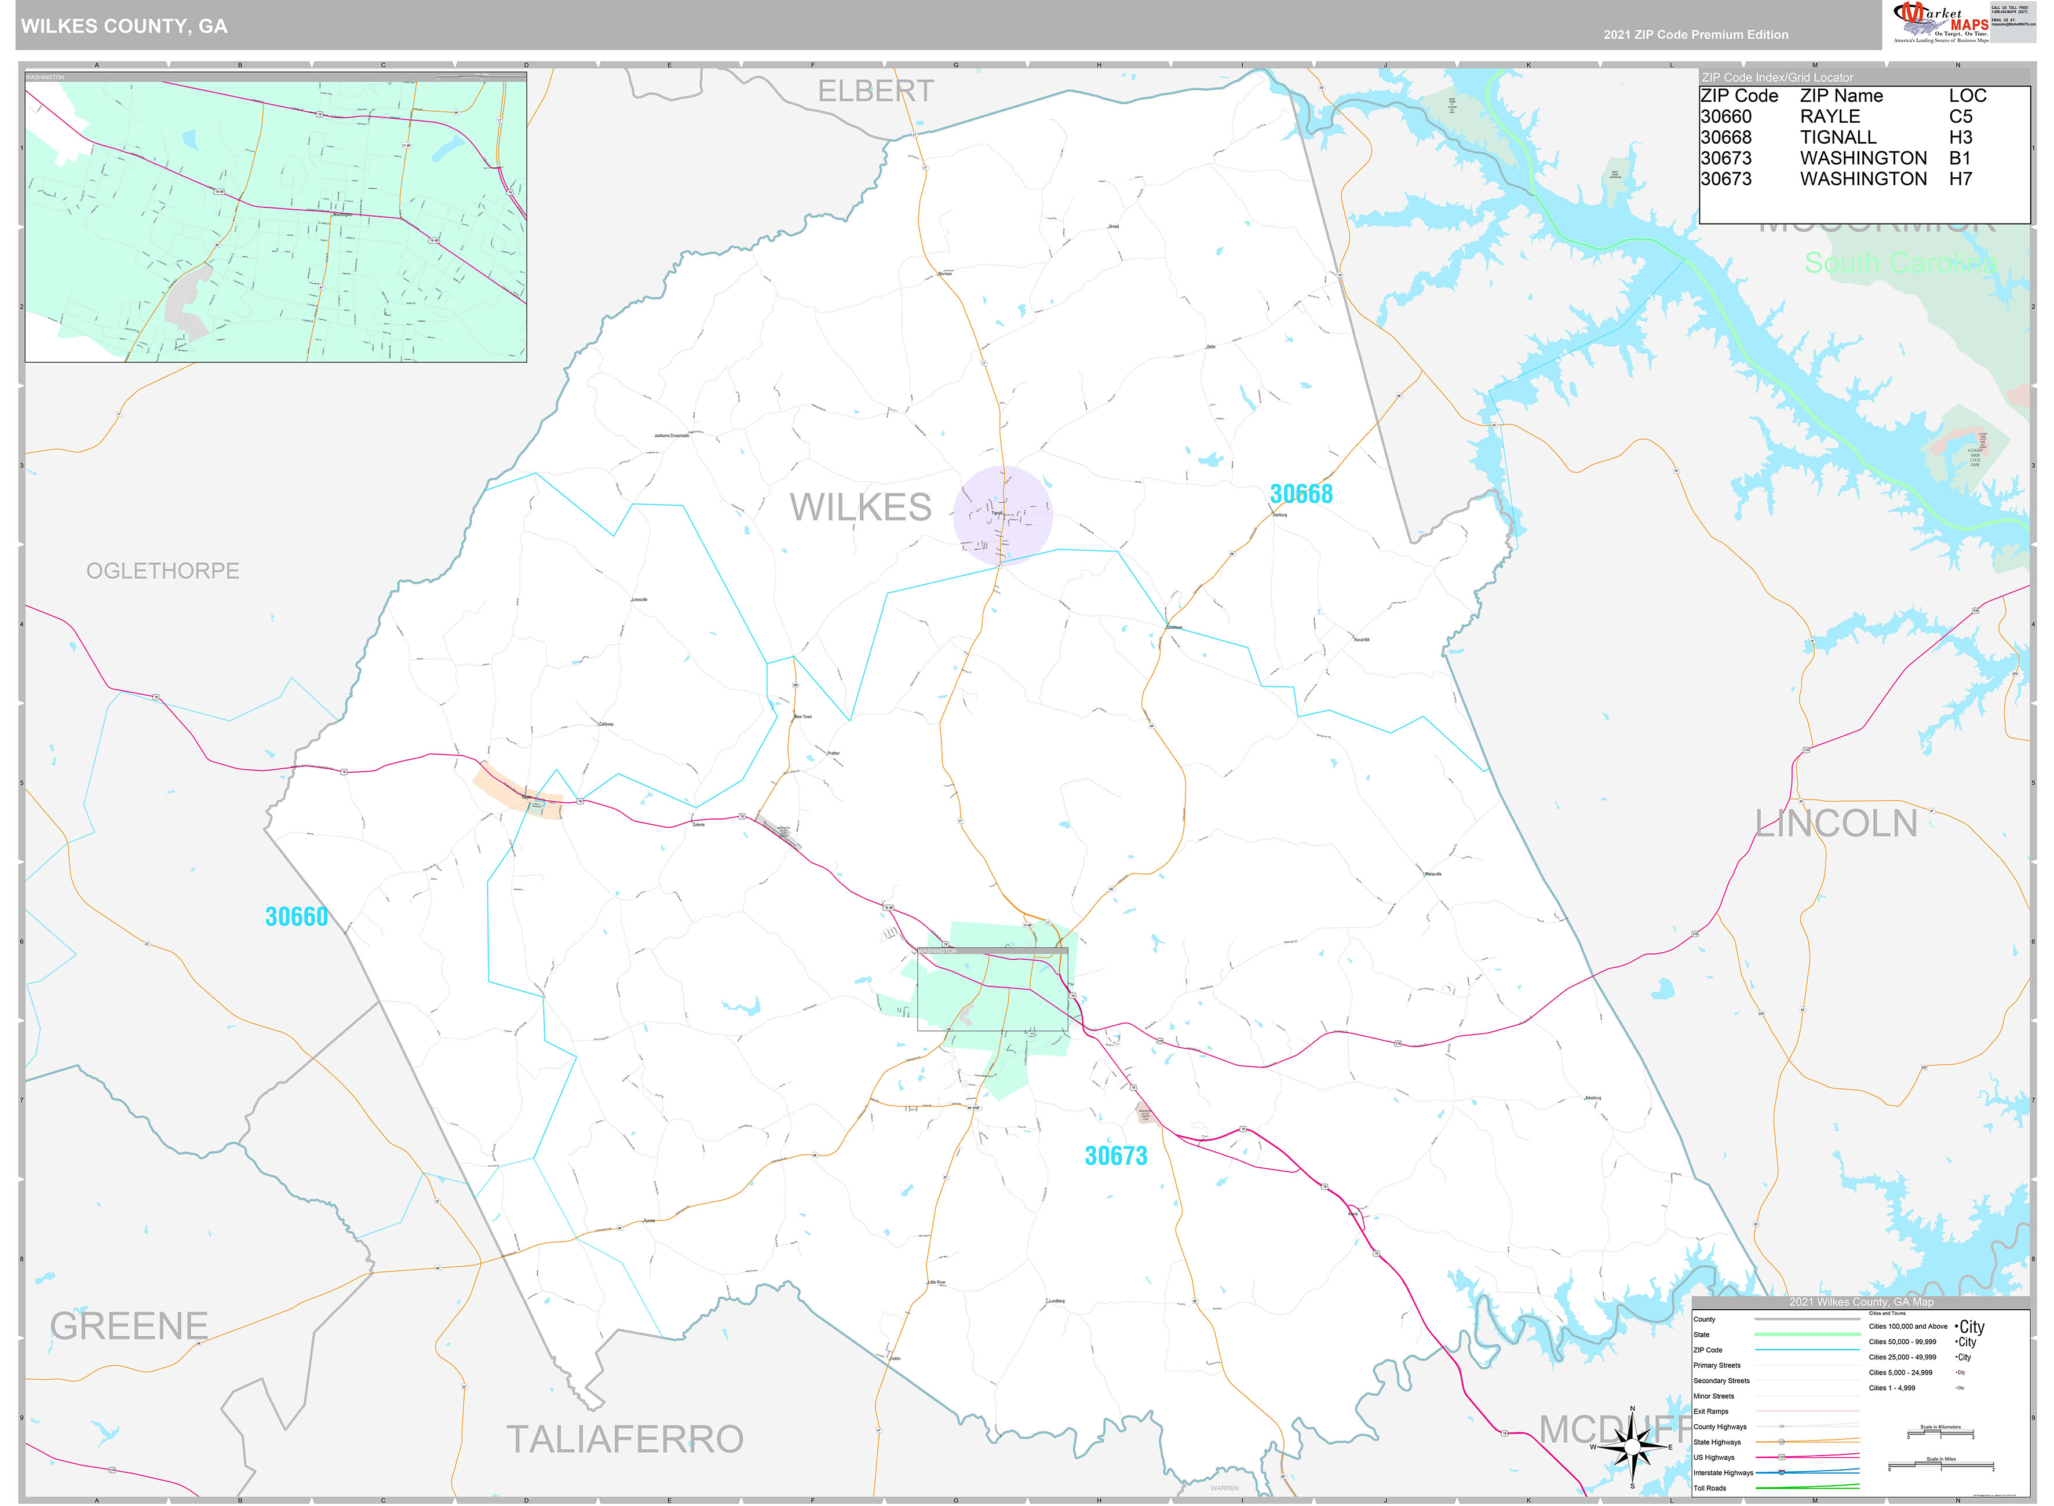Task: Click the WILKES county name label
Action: (860, 507)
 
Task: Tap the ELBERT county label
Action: (875, 91)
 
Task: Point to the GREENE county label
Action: (129, 1325)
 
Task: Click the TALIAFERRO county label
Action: (625, 1439)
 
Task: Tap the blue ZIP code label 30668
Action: (1301, 494)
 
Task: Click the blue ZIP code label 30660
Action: (296, 916)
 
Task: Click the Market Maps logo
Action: (1940, 22)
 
